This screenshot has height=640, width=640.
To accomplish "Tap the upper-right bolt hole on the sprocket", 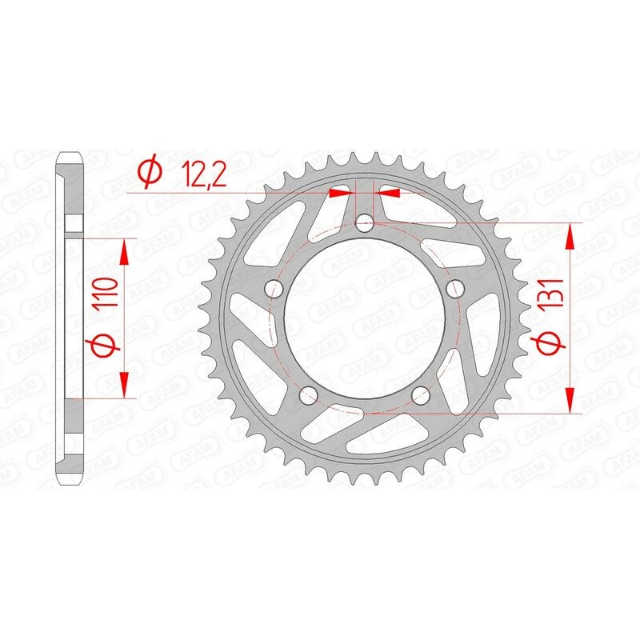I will (457, 288).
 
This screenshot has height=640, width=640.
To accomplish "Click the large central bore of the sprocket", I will (365, 320).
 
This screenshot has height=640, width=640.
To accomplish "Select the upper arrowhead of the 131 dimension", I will (570, 237).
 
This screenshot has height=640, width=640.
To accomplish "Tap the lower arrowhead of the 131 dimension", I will (570, 400).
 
